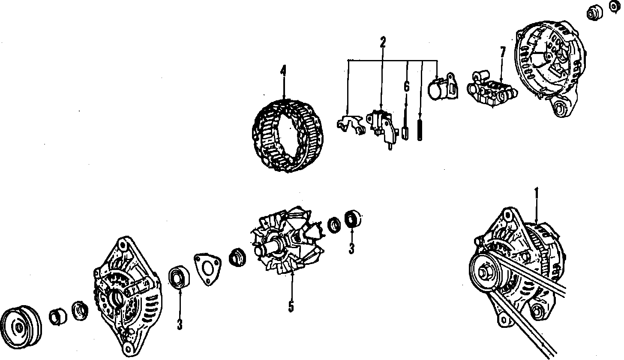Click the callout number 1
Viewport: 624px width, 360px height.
(x=535, y=194)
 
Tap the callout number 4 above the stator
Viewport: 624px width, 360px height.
(x=283, y=71)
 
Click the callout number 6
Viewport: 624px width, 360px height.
(x=406, y=86)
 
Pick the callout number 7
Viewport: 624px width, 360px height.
(x=503, y=53)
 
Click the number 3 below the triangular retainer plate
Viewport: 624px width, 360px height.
(x=180, y=325)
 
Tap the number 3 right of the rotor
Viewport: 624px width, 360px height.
(x=351, y=249)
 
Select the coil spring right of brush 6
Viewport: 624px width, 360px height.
(x=420, y=129)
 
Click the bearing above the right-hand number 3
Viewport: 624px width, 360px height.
(x=353, y=219)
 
